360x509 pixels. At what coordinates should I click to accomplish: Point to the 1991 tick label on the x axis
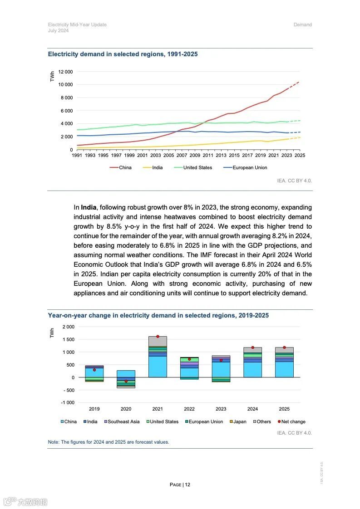[x=78, y=155]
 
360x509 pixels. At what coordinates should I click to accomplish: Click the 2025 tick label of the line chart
[x=300, y=155]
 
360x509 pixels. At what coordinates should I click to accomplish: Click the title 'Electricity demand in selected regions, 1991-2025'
[x=123, y=54]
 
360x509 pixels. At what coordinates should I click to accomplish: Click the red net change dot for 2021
[x=158, y=337]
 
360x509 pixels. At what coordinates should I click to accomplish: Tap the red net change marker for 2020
[x=126, y=381]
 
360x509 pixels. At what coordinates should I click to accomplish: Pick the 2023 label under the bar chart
[x=221, y=409]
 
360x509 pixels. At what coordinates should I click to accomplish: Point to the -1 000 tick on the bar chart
[x=68, y=403]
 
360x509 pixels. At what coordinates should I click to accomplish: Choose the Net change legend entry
[x=293, y=421]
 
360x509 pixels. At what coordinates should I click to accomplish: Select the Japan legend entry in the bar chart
[x=239, y=421]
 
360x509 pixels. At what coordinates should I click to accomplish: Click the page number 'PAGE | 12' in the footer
[x=180, y=485]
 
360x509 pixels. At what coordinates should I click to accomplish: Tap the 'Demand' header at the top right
[x=302, y=24]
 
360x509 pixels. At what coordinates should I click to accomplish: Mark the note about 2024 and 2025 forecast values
[x=108, y=442]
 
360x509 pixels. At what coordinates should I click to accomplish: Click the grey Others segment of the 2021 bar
[x=158, y=341]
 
